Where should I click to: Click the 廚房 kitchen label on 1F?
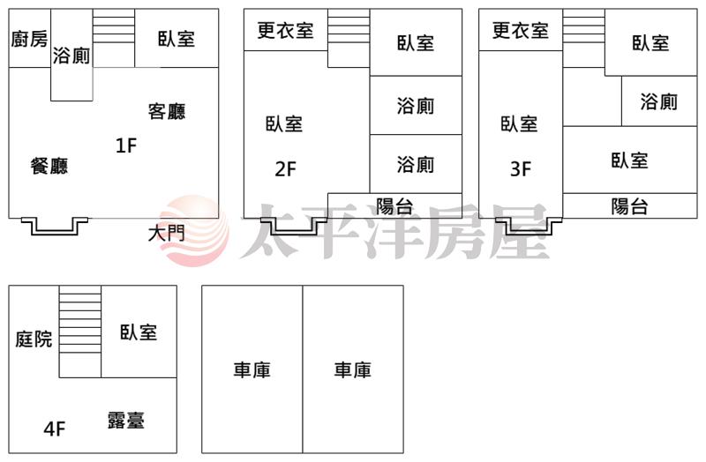pyautogui.click(x=29, y=39)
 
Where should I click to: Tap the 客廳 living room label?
pyautogui.click(x=167, y=111)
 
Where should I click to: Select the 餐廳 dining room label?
pyautogui.click(x=49, y=166)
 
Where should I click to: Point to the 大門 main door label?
pyautogui.click(x=166, y=234)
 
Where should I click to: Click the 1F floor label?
pyautogui.click(x=126, y=145)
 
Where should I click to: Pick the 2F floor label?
pyautogui.click(x=285, y=169)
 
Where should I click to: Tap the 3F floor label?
pyautogui.click(x=521, y=169)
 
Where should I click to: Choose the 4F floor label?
pyautogui.click(x=55, y=428)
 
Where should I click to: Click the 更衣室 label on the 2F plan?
pyautogui.click(x=285, y=30)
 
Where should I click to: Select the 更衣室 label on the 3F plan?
pyautogui.click(x=521, y=30)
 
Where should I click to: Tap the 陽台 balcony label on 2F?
pyautogui.click(x=394, y=206)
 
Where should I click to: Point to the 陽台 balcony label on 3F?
pyautogui.click(x=629, y=206)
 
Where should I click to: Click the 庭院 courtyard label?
pyautogui.click(x=34, y=339)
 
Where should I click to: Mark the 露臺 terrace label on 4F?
pyautogui.click(x=126, y=421)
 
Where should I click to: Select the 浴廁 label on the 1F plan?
pyautogui.click(x=71, y=56)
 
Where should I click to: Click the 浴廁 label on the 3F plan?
pyautogui.click(x=658, y=101)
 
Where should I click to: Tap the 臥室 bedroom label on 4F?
pyautogui.click(x=139, y=332)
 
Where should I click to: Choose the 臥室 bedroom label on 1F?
pyautogui.click(x=176, y=39)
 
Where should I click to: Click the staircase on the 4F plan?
pyautogui.click(x=80, y=332)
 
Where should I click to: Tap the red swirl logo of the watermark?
pyautogui.click(x=194, y=230)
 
